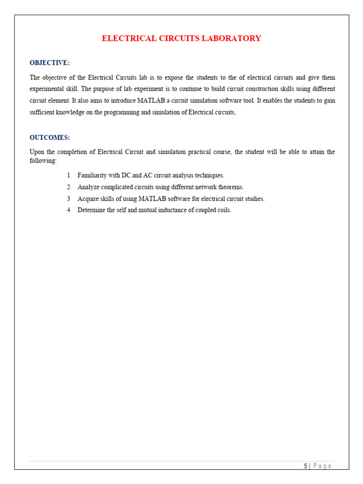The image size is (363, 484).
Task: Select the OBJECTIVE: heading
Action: pos(50,62)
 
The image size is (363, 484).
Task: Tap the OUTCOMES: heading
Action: pos(50,138)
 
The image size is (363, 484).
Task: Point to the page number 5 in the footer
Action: pos(305,466)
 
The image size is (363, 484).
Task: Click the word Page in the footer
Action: pos(322,466)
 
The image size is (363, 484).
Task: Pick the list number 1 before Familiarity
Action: pos(69,175)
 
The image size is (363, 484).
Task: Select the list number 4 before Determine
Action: pos(69,210)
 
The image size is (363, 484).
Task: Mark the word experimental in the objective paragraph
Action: pos(47,89)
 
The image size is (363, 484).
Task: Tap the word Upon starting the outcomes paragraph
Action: pos(37,152)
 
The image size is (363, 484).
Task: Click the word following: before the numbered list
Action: pos(43,161)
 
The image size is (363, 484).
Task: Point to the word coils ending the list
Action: pos(224,210)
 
